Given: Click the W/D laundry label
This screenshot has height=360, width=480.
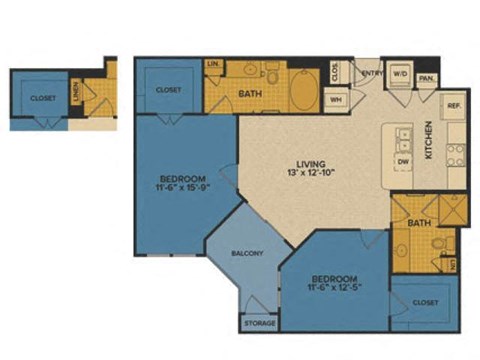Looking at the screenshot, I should [x=399, y=73].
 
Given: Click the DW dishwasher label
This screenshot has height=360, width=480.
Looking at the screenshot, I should [x=404, y=160].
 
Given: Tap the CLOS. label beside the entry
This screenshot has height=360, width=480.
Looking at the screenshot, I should [x=335, y=72].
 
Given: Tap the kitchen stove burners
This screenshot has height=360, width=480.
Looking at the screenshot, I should [x=455, y=153].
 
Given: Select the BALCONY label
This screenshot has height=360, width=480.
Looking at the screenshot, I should [x=247, y=254].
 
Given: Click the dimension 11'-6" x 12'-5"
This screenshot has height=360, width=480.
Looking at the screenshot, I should [x=332, y=284].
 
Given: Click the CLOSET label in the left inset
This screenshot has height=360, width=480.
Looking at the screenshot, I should [x=42, y=98].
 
